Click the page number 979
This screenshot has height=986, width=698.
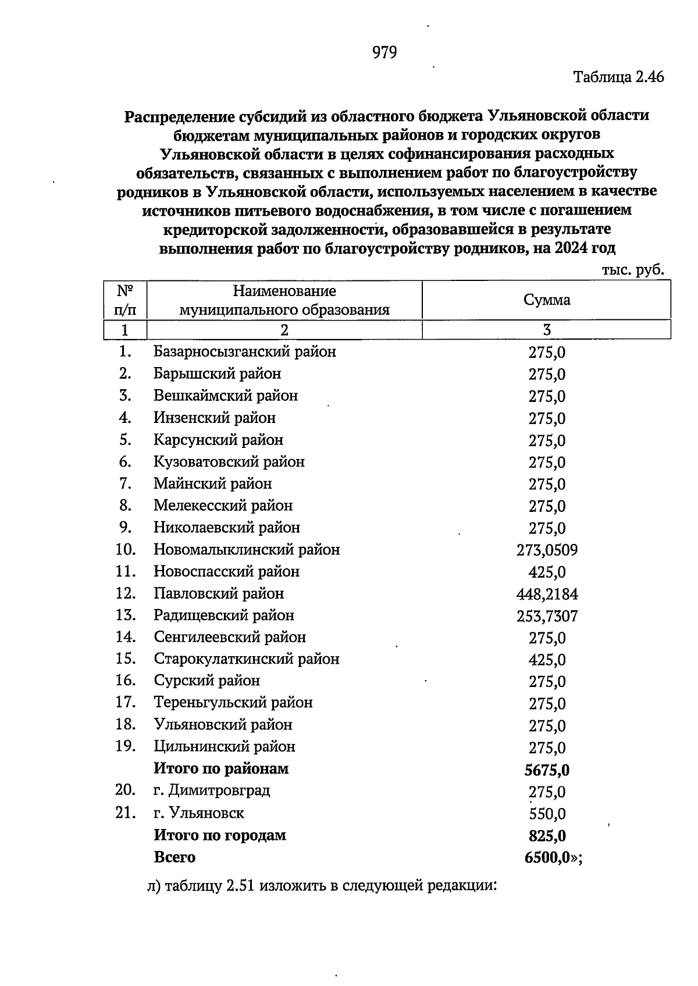[384, 53]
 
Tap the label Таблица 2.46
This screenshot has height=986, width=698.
[618, 77]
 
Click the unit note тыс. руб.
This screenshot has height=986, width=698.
[633, 270]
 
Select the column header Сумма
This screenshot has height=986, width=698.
[547, 300]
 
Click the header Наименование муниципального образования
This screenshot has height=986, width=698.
[284, 300]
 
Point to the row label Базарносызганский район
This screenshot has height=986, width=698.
[244, 352]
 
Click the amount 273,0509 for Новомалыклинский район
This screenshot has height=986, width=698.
[547, 550]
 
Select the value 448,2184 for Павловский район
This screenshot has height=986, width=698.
[547, 595]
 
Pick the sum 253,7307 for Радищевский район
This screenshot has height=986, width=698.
[547, 616]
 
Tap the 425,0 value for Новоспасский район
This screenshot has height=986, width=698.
[547, 572]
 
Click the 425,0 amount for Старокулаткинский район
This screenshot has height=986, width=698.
[547, 660]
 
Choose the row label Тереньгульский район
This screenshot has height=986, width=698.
[233, 703]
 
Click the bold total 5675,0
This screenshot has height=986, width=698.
[547, 770]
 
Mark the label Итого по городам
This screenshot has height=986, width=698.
[220, 836]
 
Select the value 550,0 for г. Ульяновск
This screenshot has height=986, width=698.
[547, 814]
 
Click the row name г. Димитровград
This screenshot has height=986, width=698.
[212, 791]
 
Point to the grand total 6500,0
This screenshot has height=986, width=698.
[547, 858]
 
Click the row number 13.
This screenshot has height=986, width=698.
[126, 615]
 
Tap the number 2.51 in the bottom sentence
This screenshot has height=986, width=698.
[238, 887]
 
